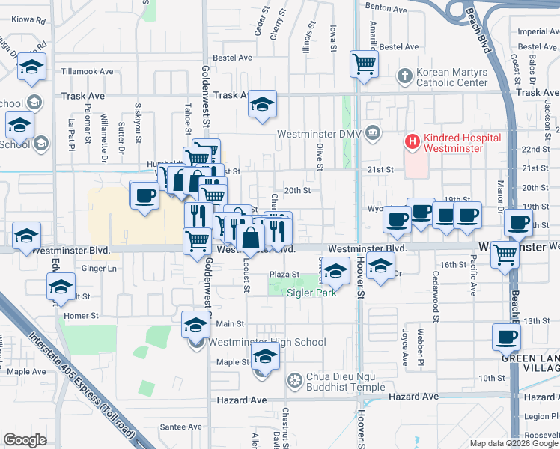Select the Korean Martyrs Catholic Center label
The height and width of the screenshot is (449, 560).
tap(452, 77)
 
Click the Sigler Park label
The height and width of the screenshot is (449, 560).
tap(311, 293)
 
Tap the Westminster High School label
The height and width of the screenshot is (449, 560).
tap(267, 343)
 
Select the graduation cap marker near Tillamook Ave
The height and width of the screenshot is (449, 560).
tap(32, 68)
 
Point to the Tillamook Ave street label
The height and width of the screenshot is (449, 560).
tap(87, 72)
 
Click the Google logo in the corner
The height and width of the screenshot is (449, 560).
tap(25, 440)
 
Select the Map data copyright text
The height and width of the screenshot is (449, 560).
tap(514, 443)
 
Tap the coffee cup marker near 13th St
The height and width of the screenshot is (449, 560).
tap(507, 338)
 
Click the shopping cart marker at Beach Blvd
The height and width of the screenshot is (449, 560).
tap(505, 255)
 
